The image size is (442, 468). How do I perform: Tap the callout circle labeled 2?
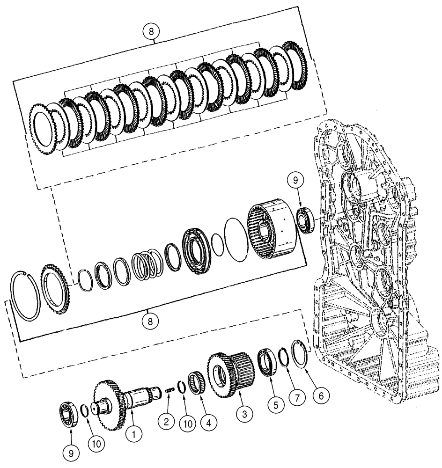[166, 421]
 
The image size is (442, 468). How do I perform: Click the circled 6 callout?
[320, 395]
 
